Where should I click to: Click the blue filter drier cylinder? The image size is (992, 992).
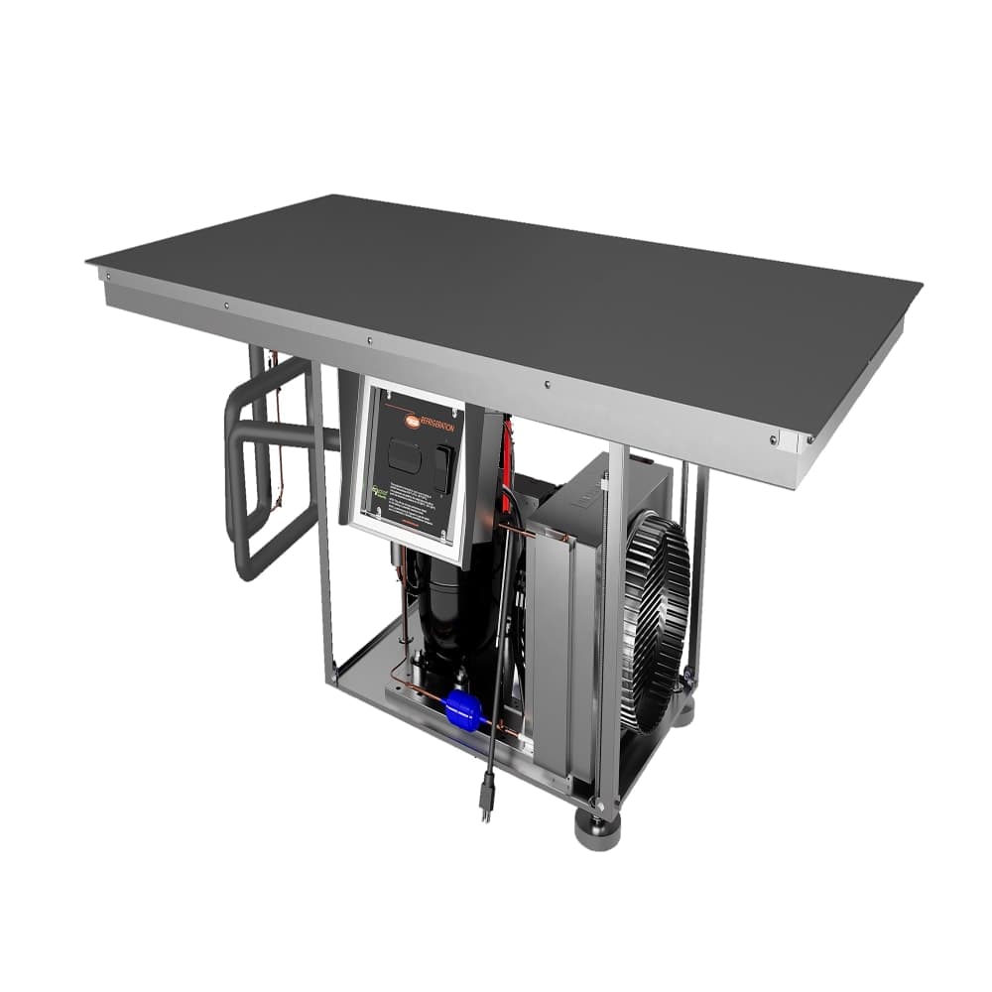click(463, 708)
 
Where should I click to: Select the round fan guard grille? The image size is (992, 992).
click(654, 620)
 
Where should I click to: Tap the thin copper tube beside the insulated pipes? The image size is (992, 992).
click(279, 446)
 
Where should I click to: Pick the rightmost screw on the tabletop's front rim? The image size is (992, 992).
click(773, 439)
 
